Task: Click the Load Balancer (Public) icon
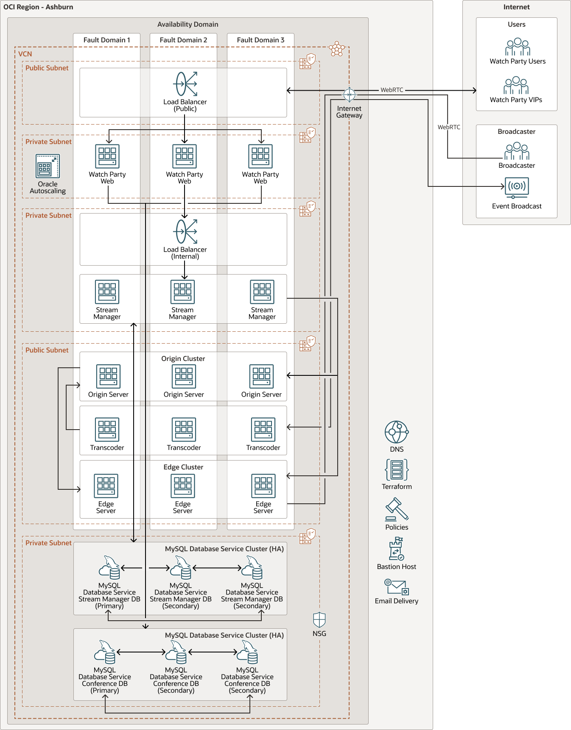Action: (x=185, y=84)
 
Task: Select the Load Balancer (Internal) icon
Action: (x=185, y=231)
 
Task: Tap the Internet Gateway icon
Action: (x=349, y=94)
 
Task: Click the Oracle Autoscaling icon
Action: (x=48, y=166)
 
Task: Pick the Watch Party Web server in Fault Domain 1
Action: (x=107, y=156)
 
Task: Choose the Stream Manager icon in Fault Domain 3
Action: (x=262, y=292)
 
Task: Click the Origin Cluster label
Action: (x=183, y=358)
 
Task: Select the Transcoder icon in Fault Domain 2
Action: (x=184, y=430)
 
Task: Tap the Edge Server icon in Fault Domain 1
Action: (x=106, y=486)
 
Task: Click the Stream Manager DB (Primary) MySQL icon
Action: (x=109, y=568)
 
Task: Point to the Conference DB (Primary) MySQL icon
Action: (x=105, y=652)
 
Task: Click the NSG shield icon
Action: (x=319, y=620)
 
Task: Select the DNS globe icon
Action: (x=396, y=432)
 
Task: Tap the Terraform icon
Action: (x=397, y=470)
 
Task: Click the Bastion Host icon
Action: (x=397, y=549)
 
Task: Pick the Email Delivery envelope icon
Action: (x=397, y=587)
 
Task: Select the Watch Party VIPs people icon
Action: (x=516, y=86)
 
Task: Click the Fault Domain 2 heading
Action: (x=183, y=40)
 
